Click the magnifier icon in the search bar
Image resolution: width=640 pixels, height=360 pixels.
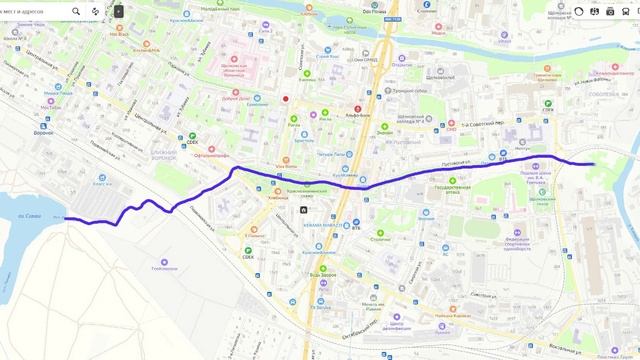76,11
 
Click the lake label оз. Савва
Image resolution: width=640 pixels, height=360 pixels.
30,213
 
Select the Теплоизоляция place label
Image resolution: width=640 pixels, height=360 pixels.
164,268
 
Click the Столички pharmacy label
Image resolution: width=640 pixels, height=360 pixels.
381,239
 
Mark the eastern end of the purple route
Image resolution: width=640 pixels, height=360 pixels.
594,164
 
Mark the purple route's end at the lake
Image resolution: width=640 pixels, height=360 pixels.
64,218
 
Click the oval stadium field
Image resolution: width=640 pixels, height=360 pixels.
489,225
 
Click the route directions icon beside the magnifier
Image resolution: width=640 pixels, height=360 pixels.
96,11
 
